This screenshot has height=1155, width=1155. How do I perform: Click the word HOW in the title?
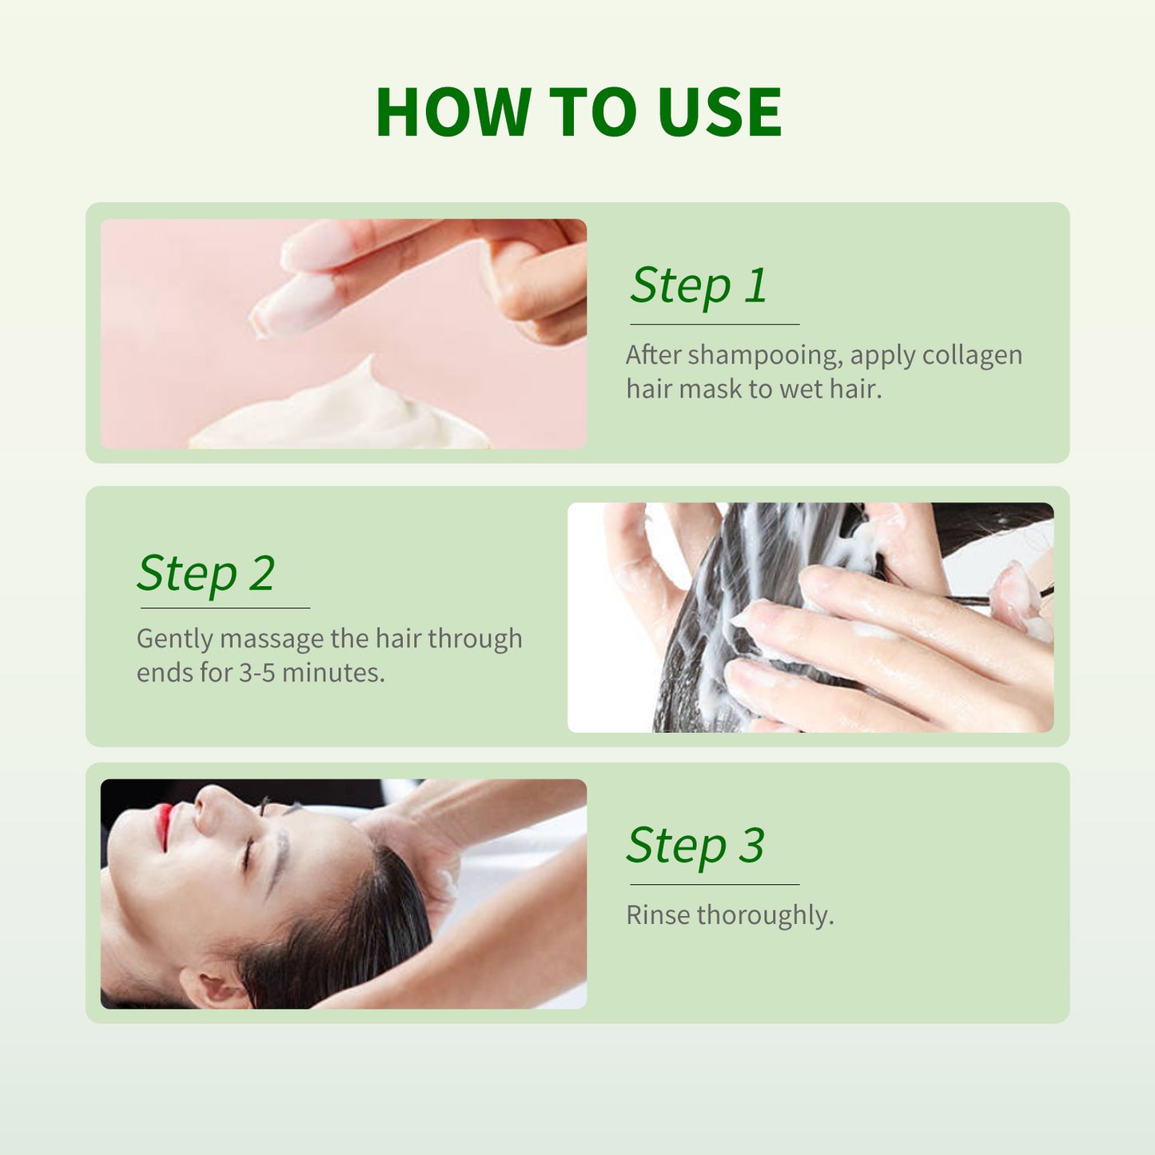[453, 113]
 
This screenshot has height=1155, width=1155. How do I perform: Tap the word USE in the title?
[719, 113]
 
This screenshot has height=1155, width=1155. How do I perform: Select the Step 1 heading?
[698, 285]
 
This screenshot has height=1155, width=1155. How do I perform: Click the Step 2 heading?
[205, 573]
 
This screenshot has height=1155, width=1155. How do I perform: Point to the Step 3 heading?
[695, 846]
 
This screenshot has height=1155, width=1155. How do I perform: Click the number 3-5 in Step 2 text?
[257, 673]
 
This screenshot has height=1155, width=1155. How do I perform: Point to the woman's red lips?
[164, 825]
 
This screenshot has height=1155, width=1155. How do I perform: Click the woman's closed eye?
[248, 855]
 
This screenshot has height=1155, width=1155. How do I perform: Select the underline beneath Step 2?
[225, 608]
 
